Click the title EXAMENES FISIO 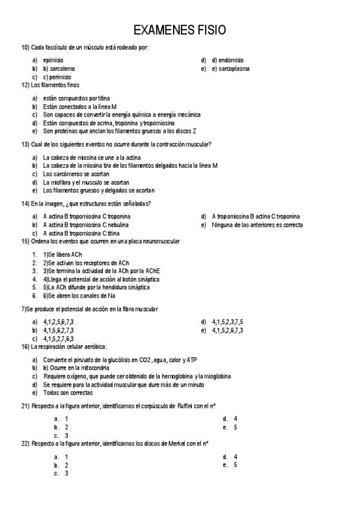[x=180, y=30]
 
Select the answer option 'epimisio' [x=53, y=60]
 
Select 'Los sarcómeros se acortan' [x=76, y=174]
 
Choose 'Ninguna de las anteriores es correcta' [x=257, y=225]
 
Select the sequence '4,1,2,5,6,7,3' [x=58, y=322]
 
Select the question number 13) [x=25, y=144]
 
